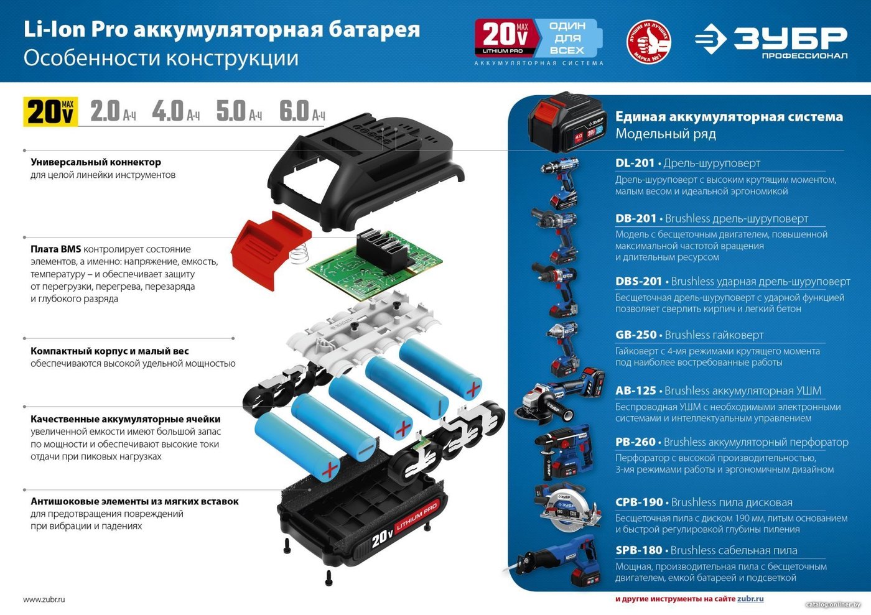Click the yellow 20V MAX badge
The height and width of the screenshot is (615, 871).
tap(50, 111)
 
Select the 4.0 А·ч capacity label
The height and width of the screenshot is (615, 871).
tap(175, 111)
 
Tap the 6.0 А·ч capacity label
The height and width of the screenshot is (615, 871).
tap(302, 111)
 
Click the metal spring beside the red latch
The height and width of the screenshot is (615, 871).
tap(299, 254)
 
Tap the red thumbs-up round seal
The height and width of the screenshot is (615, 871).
tap(648, 42)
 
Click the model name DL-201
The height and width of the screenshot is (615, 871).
tap(635, 163)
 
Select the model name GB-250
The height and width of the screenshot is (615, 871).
tap(636, 335)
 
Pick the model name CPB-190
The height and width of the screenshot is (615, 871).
tap(639, 502)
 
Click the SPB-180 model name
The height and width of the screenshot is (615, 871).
tap(638, 550)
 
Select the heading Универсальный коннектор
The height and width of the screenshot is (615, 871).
tap(96, 162)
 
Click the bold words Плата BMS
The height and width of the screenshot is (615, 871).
tap(55, 249)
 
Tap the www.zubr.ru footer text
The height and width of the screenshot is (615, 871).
tap(44, 599)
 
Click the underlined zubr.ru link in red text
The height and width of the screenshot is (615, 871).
tap(750, 599)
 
